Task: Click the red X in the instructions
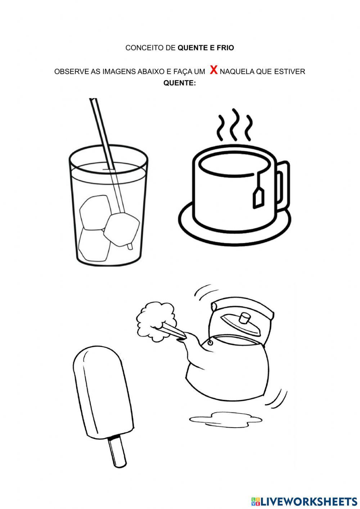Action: coord(213,70)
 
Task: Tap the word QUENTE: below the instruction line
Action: coord(180,83)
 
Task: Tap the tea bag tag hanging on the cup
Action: coord(258,199)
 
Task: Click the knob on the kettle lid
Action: coord(244,318)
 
